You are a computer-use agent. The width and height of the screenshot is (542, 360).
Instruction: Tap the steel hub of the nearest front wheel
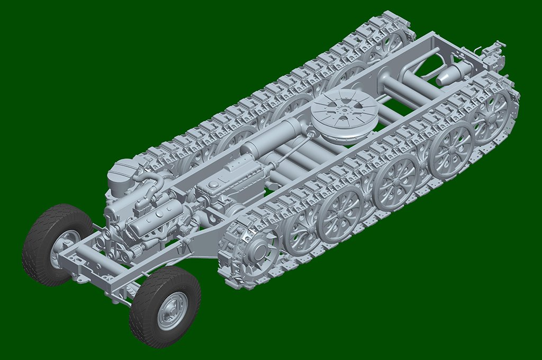[x=172, y=310]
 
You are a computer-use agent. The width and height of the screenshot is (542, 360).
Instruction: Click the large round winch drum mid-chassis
[x=344, y=114]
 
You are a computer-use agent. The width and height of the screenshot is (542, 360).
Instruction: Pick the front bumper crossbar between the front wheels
[x=79, y=265]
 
